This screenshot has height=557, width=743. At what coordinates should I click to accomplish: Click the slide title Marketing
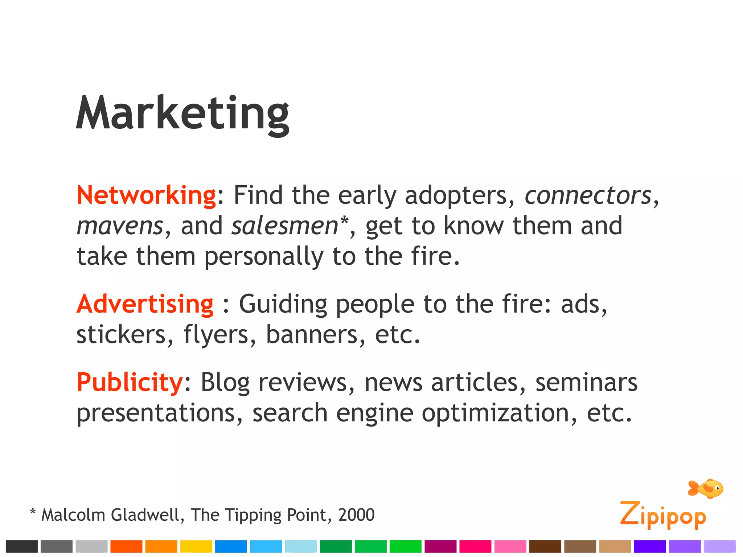tap(182, 113)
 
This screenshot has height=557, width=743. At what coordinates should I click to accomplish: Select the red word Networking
tap(147, 195)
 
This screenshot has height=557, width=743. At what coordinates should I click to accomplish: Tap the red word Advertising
tap(145, 304)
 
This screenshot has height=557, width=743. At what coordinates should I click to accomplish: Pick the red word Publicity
tap(130, 382)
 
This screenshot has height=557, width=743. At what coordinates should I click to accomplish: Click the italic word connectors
tap(588, 195)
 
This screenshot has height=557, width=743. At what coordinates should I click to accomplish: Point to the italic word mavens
tap(120, 226)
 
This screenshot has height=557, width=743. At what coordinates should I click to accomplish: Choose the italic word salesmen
tap(285, 226)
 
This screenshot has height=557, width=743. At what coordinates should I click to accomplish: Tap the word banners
tap(312, 334)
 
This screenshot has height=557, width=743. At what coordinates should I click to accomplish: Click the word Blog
tap(225, 383)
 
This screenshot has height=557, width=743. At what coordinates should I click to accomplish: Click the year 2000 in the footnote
tap(356, 515)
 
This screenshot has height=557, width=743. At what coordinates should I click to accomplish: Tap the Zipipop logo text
tap(663, 515)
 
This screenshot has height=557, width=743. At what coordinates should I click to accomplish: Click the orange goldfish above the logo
tap(706, 488)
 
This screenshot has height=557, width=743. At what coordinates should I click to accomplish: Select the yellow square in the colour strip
tap(196, 546)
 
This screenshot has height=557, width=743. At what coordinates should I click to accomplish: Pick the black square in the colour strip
tap(22, 546)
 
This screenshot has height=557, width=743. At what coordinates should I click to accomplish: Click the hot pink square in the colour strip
tap(475, 546)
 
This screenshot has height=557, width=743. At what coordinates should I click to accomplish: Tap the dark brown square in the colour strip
tap(545, 546)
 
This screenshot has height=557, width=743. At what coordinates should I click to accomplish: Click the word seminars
tap(586, 383)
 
